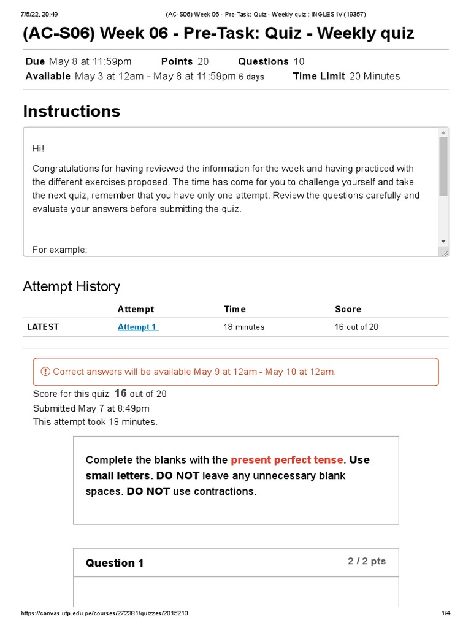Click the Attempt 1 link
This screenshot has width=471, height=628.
point(137,327)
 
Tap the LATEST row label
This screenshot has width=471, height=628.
point(43,327)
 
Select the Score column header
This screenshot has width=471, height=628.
point(348,309)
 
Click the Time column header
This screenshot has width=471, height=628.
point(235,309)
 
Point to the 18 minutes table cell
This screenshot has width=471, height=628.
point(244,327)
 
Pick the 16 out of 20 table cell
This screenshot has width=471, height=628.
point(356,327)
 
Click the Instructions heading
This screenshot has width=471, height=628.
point(71,111)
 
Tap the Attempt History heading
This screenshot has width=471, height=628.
point(71,286)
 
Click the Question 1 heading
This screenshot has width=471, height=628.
point(115,563)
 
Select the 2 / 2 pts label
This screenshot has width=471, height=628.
point(367,561)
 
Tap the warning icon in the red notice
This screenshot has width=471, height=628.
point(45,372)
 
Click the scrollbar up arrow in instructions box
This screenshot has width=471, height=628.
point(443,132)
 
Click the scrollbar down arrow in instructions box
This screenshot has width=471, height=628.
point(443,242)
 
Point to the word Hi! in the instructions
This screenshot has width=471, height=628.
point(39,149)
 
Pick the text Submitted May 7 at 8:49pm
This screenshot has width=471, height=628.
point(91,408)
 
